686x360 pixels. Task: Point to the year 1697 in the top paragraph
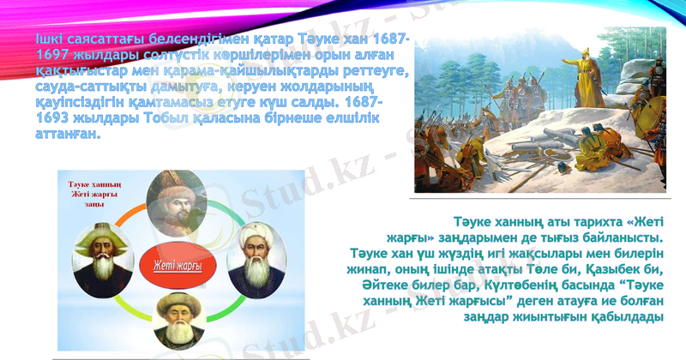pyautogui.click(x=52, y=54)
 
